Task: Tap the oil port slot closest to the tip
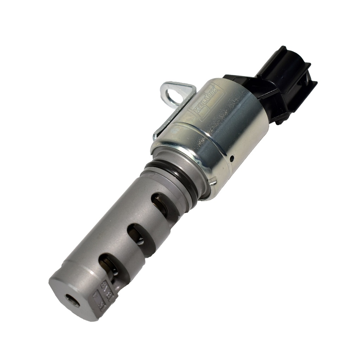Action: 109,265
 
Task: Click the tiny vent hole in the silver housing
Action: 231,159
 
